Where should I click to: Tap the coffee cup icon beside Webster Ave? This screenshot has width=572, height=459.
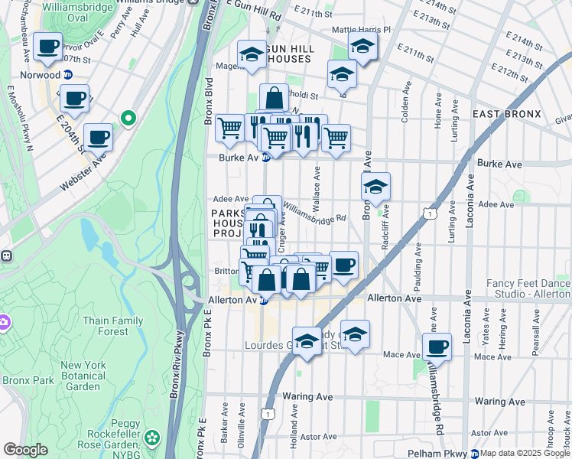98,137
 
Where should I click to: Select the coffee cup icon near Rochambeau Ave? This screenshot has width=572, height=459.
48,46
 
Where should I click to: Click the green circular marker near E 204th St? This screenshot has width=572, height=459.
128,118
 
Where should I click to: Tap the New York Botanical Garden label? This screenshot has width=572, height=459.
83,376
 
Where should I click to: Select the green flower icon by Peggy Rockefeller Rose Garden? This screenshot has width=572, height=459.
153,438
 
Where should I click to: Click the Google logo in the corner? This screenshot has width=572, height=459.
25,450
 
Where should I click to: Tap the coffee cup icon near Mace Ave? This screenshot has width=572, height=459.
437,347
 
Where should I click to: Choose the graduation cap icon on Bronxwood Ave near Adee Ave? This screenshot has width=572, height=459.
375,186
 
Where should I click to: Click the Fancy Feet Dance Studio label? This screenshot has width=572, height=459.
528,288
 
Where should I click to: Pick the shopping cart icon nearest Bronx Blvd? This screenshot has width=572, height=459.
229,129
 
